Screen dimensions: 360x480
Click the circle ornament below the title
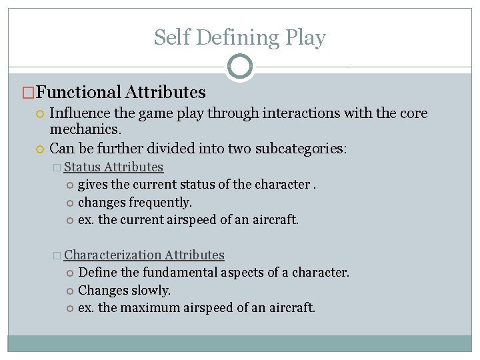click(240, 67)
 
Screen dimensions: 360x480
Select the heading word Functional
click(78, 92)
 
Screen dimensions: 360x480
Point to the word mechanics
click(85, 128)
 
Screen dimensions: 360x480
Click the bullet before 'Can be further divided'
click(41, 149)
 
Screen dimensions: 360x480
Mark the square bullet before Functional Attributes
click(27, 93)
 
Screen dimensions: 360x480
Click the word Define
click(97, 273)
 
